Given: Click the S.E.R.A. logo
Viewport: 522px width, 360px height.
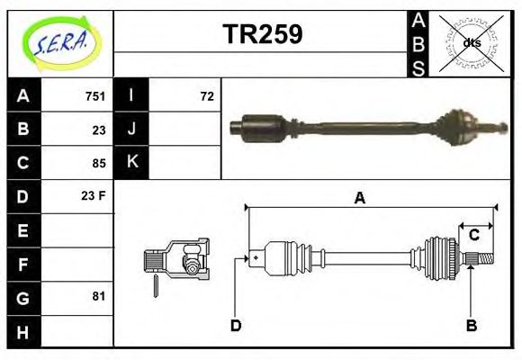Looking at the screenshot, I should (x=59, y=42).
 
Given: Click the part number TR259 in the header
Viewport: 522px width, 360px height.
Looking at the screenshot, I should (x=262, y=35).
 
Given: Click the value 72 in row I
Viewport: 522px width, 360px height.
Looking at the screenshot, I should (x=206, y=96).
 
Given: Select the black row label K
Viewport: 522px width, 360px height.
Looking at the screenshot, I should (x=131, y=163).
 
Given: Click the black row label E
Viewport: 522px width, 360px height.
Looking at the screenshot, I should (x=22, y=230).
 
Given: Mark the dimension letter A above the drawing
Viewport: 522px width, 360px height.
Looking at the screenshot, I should (x=359, y=198).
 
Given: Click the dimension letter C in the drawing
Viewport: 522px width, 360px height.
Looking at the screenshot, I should (x=473, y=236).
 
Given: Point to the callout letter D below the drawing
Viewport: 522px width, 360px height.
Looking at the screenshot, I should (x=236, y=325).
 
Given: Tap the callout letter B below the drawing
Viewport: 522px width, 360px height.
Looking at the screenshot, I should (x=471, y=325).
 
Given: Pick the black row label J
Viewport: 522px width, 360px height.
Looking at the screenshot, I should (x=131, y=130).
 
